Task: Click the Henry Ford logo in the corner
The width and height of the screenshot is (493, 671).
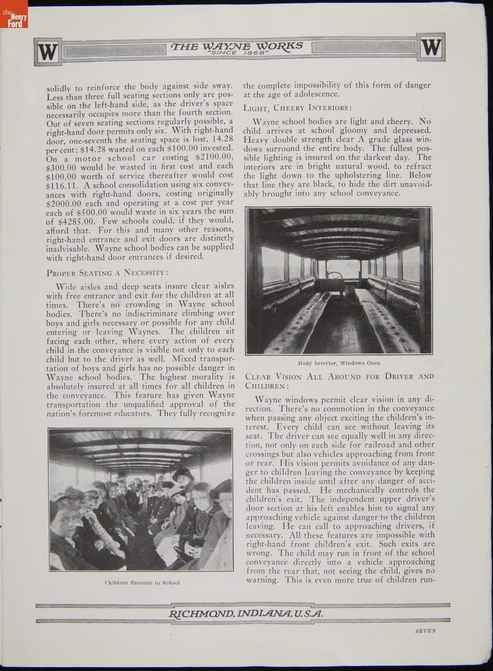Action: [x=13, y=20]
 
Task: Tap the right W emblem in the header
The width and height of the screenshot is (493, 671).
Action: [x=431, y=48]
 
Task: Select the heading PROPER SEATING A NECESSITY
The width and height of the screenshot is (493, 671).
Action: [x=107, y=272]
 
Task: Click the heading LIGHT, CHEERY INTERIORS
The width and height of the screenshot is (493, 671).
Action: [x=297, y=107]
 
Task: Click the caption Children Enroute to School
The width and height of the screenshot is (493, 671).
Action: [x=142, y=582]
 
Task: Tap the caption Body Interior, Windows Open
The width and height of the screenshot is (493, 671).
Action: [x=339, y=363]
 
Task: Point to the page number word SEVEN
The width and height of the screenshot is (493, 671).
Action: [x=426, y=630]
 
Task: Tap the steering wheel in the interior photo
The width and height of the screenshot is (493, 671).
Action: [x=334, y=276]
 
